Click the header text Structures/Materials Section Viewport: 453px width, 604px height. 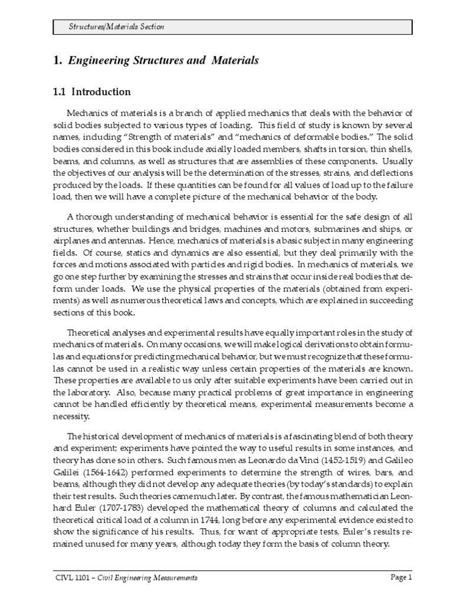(116, 27)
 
